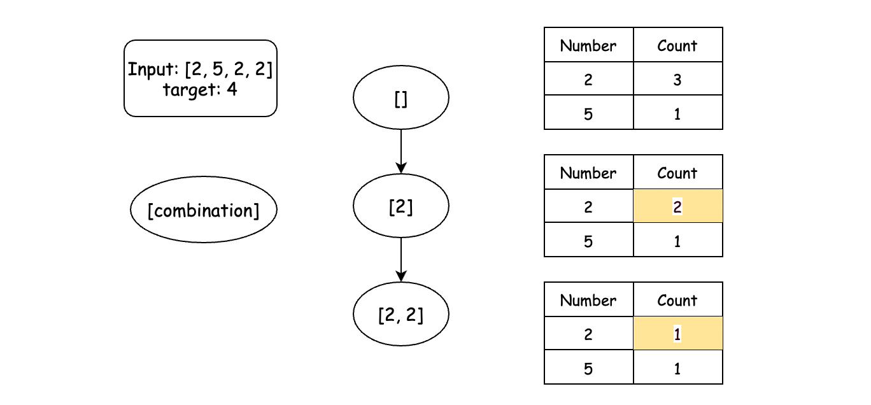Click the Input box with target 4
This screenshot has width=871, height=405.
pos(201,78)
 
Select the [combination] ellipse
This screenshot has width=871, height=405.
pos(203,210)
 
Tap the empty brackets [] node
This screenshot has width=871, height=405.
pos(401,97)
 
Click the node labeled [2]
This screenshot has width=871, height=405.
pos(401,206)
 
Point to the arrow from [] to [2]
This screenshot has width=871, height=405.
pos(401,152)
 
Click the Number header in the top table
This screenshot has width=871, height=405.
pos(588,45)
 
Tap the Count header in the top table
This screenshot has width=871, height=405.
pos(677,45)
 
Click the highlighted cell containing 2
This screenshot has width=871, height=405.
pos(677,206)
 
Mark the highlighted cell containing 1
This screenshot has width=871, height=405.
pos(677,334)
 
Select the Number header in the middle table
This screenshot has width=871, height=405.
pos(588,172)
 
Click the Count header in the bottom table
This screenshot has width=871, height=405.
pos(677,299)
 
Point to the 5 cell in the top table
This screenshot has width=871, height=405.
pos(588,113)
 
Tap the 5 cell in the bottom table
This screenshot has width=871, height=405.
pos(588,367)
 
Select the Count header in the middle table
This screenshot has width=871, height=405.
pos(677,172)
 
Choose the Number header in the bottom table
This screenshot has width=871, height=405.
pos(588,299)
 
